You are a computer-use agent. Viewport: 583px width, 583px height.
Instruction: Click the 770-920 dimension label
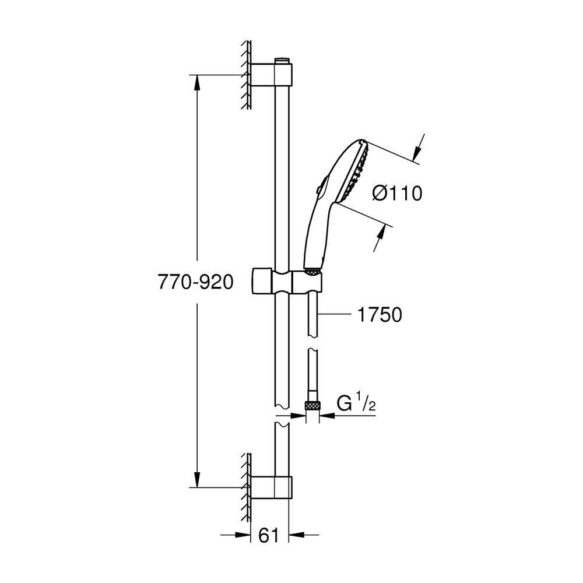[195, 282]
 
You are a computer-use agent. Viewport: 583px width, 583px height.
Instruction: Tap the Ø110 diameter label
[398, 194]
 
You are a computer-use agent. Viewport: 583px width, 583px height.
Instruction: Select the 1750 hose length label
[380, 315]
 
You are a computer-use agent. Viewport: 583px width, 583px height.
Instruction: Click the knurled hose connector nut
[311, 405]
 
